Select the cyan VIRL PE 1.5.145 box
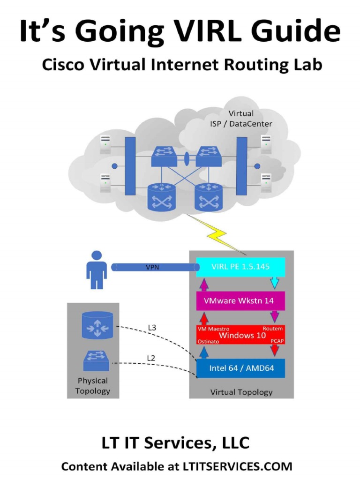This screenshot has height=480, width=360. point(240,267)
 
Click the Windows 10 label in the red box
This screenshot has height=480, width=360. point(242,336)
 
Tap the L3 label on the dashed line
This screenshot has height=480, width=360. point(152,328)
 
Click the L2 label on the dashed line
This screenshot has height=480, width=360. point(151,358)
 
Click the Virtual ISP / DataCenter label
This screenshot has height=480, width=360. point(241,119)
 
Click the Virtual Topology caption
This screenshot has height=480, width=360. point(241,392)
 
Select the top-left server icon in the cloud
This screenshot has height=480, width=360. point(105,144)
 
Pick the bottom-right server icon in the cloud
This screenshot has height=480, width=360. point(266,183)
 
